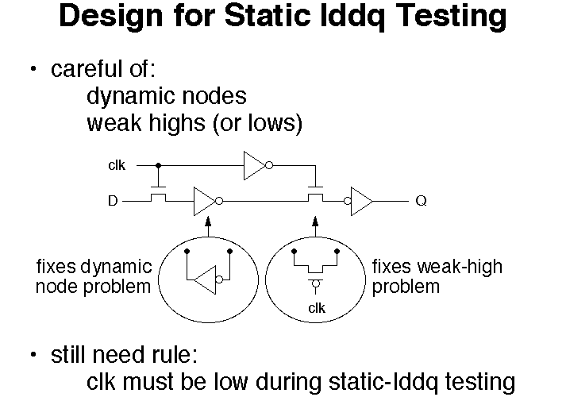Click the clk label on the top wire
[x=117, y=165]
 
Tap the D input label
[x=113, y=200]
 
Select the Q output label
[x=422, y=200]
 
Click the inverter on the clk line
[x=258, y=165]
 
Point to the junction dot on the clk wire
[x=158, y=165]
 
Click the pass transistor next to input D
[x=158, y=195]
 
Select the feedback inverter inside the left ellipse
[x=208, y=279]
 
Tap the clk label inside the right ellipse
[x=317, y=308]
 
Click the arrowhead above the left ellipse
[x=208, y=221]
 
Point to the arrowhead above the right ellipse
[x=315, y=221]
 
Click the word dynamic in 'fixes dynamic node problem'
[x=116, y=268]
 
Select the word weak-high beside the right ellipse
[x=460, y=266]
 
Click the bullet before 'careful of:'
[x=33, y=68]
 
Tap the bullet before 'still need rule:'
[x=33, y=354]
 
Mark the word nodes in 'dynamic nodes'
[x=214, y=96]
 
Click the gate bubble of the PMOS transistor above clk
[x=315, y=283]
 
